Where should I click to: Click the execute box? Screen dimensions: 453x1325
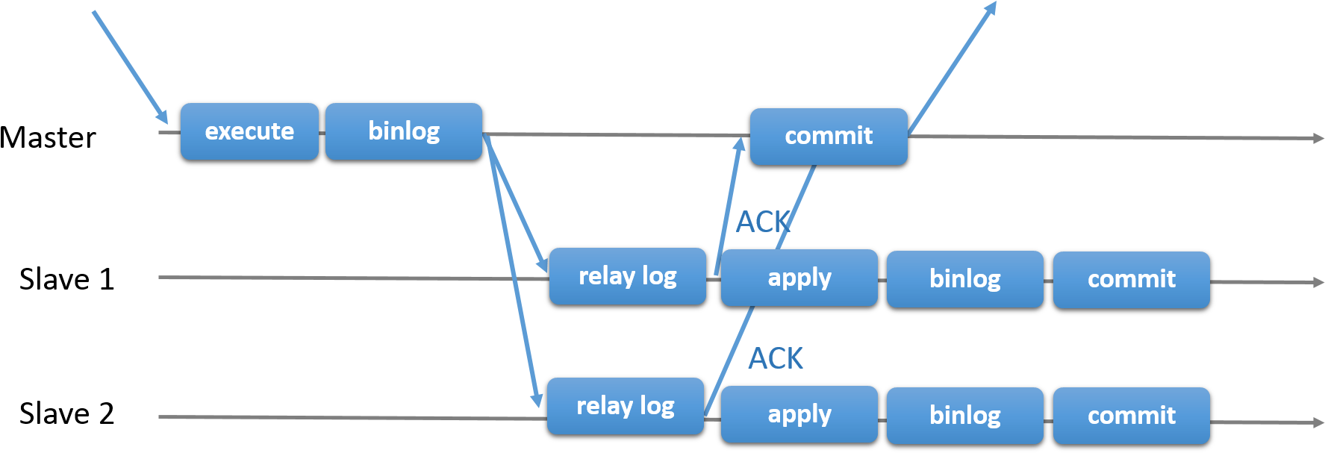pos(249,131)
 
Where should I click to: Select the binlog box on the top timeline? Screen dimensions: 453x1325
pos(403,131)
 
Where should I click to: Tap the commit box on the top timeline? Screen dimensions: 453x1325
pos(829,136)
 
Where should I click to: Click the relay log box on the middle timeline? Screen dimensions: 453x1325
pos(627,276)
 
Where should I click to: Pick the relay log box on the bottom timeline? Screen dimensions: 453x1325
pos(625,406)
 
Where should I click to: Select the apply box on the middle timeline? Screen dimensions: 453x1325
pos(799,278)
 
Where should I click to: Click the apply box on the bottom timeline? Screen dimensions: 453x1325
pos(799,414)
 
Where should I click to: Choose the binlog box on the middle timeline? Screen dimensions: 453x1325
pos(964,279)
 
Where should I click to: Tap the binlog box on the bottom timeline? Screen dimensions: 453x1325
pos(964,415)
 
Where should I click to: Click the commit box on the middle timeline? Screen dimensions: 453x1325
pos(1131,279)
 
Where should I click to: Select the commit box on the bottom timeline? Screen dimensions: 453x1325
pos(1131,415)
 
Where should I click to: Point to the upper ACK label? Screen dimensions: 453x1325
pos(762,222)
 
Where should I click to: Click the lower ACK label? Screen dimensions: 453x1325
pos(776,358)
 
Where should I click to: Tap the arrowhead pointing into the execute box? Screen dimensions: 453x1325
pos(162,116)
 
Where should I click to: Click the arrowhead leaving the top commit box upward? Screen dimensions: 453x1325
pos(991,8)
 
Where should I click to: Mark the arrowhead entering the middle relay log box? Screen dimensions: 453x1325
pos(543,264)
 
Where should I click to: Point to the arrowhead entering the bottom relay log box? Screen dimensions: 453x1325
pos(536,399)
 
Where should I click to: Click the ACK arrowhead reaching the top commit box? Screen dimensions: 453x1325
pos(739,144)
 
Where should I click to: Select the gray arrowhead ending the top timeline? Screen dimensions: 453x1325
pos(1318,138)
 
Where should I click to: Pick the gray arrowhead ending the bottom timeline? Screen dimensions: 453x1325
pos(1318,422)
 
